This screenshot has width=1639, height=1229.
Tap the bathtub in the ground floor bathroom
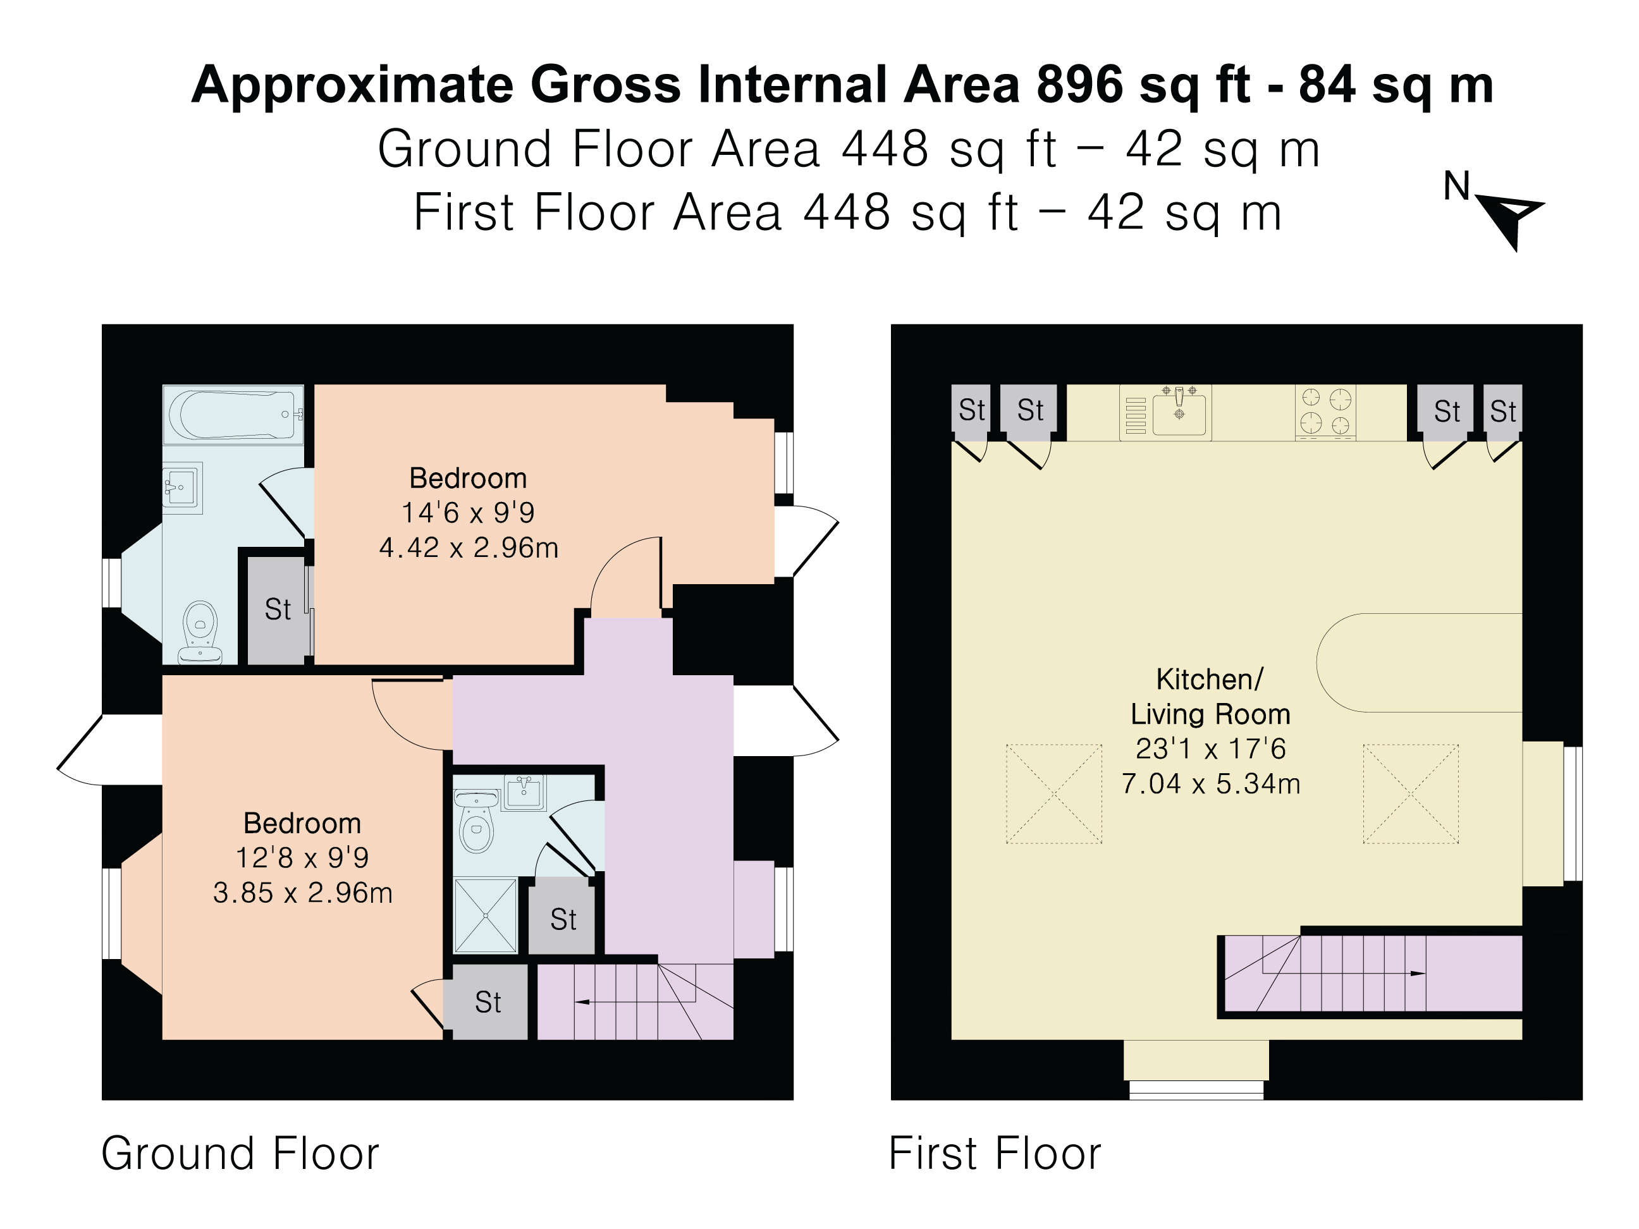pos(233,414)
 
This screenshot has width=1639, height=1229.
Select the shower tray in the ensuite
pos(486,915)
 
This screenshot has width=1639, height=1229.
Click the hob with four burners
pos(1325,413)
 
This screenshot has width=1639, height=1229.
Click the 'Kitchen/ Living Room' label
pos(1210,696)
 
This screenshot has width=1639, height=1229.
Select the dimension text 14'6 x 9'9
pos(469,513)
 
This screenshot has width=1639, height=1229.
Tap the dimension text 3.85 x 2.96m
pos(302,893)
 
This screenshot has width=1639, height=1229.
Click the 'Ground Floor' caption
pos(240,1153)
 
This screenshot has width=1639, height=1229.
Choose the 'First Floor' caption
pos(995,1153)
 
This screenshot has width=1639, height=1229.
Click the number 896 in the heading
pos(1080,85)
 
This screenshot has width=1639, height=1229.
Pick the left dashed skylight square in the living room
pos(1053,794)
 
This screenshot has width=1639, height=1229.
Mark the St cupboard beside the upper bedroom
pos(277,609)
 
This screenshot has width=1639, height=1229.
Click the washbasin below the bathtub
pos(183,487)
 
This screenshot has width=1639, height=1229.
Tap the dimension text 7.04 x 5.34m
pos(1211,784)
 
